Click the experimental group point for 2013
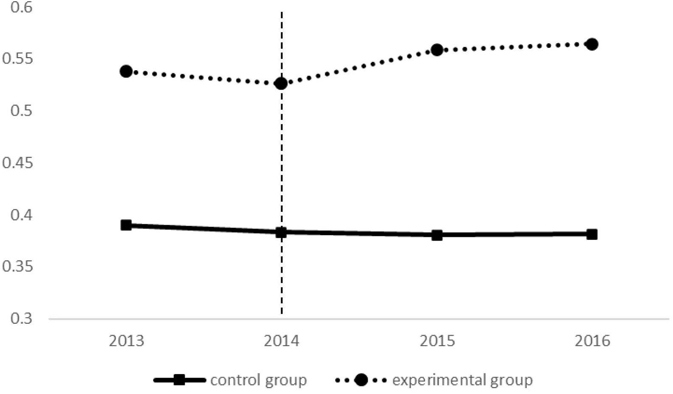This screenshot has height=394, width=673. (x=126, y=71)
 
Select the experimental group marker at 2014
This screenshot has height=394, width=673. (x=281, y=83)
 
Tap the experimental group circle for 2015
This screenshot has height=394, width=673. (x=437, y=50)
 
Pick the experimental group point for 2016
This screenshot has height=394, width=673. (x=592, y=44)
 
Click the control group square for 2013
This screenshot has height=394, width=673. (x=126, y=225)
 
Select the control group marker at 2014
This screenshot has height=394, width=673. (x=281, y=232)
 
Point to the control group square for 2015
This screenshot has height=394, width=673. (x=437, y=235)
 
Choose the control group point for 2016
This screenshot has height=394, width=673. (x=592, y=234)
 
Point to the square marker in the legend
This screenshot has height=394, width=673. (x=179, y=380)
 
